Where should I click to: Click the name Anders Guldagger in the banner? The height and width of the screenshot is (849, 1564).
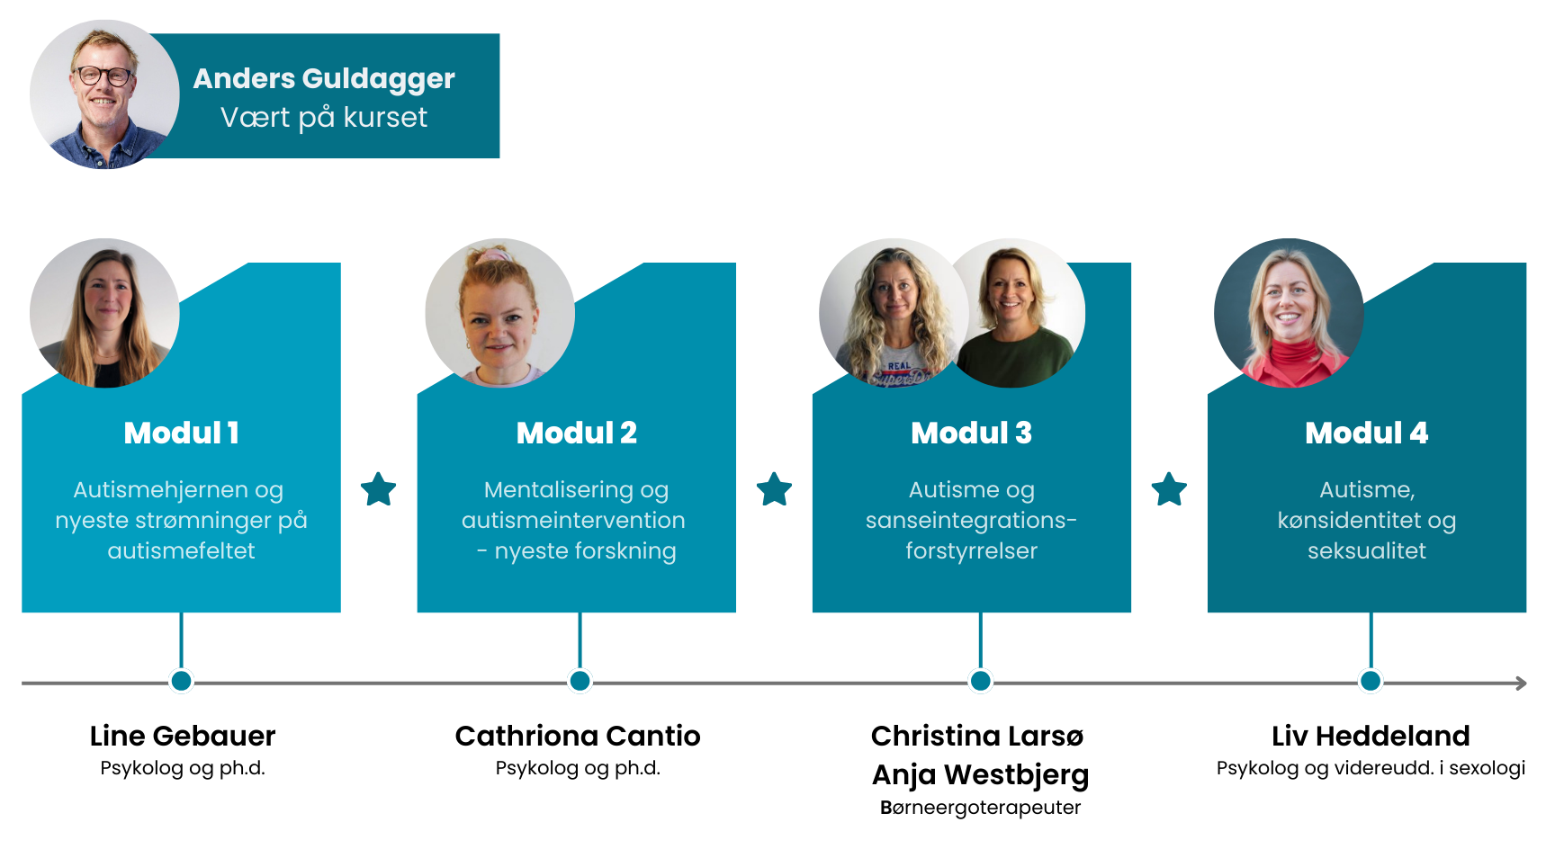tap(324, 79)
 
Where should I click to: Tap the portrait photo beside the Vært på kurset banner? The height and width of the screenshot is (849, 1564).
tap(104, 94)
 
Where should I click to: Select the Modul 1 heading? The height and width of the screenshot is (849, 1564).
tap(181, 433)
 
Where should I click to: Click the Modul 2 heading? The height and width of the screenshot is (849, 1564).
tap(576, 433)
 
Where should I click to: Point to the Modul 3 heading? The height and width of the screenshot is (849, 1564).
tap(971, 433)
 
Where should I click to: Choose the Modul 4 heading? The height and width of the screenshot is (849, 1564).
tap(1366, 433)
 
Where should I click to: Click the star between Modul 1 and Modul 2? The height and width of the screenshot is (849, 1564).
tap(379, 489)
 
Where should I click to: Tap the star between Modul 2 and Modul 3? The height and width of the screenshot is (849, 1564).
tap(774, 489)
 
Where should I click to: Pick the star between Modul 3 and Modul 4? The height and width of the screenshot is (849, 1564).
tap(1169, 489)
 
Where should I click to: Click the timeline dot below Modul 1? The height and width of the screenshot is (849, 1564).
tap(181, 681)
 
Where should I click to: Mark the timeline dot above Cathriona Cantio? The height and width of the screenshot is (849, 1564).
tap(580, 681)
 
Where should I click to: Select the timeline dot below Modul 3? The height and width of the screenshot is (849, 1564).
tap(980, 681)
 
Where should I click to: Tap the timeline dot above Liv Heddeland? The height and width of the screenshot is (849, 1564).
tap(1371, 681)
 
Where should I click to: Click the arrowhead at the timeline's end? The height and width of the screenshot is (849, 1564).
tap(1521, 684)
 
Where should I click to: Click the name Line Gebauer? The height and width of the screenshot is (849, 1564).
tap(183, 736)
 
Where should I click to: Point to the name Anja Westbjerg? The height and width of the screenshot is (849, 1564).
tap(980, 774)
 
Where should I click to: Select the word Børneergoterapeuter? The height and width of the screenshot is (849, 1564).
tap(980, 808)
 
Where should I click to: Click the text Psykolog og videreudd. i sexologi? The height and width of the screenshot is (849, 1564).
tap(1371, 768)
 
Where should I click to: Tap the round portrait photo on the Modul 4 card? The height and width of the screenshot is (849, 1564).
tap(1289, 313)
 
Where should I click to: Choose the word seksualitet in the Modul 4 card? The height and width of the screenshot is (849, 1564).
tap(1366, 550)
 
